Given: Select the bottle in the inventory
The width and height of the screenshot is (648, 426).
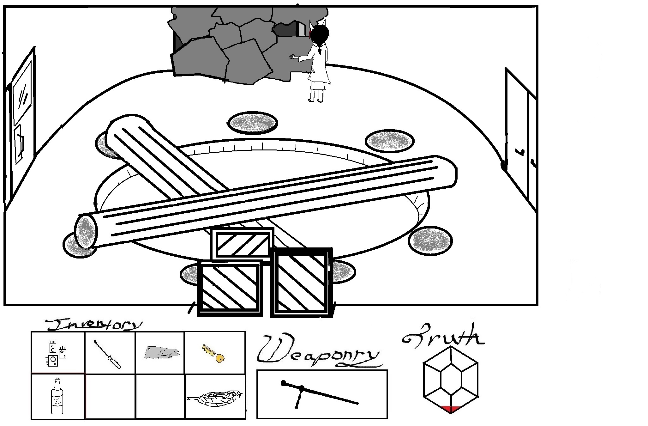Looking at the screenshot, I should point(57,396).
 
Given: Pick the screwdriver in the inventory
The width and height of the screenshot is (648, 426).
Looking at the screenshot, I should point(107,354).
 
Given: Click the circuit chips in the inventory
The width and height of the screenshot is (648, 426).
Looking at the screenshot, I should point(57,353).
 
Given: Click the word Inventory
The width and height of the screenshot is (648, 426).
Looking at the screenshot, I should point(93,325).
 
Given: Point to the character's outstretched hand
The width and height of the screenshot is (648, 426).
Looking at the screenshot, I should point(293,57).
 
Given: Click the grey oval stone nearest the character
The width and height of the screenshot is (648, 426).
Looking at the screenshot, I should point(252,123).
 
